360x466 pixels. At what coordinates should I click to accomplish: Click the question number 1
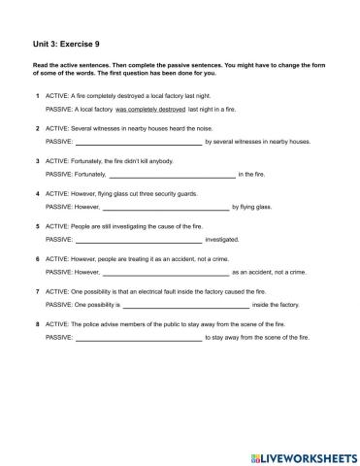(x=37, y=96)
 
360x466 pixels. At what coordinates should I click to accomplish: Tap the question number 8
(x=37, y=324)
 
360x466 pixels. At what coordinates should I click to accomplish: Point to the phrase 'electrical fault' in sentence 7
(x=159, y=292)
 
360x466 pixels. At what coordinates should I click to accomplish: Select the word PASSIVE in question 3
(x=58, y=174)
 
